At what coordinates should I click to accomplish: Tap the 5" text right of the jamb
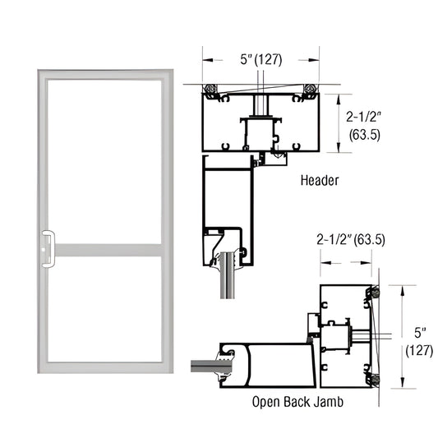[x=418, y=333]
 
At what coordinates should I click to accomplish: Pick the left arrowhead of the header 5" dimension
[x=206, y=60]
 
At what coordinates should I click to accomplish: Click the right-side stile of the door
[x=165, y=222]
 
